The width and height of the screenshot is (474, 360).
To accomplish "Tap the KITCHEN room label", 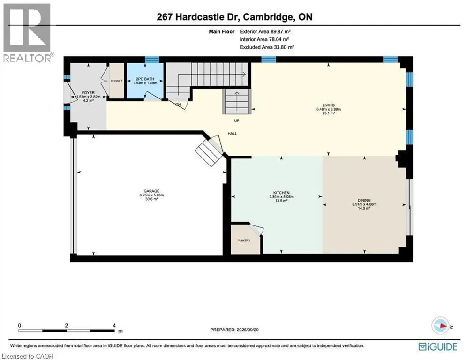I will point(281,193).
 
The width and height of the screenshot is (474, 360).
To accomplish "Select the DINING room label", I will point(364,200).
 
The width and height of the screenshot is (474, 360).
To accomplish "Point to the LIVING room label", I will point(328,105).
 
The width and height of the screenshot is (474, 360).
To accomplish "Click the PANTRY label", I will point(244,240).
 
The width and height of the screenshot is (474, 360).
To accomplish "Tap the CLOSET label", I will point(116,81).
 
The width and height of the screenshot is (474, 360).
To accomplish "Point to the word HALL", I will point(232,134).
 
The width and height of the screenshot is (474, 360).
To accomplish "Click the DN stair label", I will point(178,104).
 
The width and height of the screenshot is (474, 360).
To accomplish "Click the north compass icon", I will point(440,326).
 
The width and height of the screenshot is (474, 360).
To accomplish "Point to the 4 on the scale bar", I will point(115,325).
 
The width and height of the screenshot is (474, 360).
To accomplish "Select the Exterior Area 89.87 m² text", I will point(268,32).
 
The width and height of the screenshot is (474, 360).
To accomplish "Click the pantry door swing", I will point(256,230).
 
